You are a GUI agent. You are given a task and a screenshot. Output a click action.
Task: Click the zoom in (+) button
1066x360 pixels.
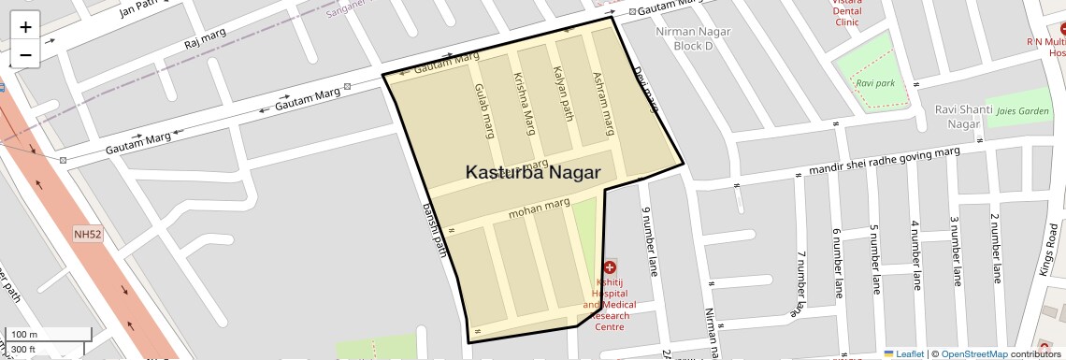(25, 27)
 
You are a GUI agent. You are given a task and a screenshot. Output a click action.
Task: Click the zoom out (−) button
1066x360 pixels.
(25, 55)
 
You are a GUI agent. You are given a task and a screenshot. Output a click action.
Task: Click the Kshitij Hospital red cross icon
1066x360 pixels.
(610, 267)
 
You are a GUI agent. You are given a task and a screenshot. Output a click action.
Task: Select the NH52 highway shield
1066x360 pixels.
(88, 235)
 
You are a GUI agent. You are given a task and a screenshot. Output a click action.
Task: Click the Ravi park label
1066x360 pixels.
(875, 83)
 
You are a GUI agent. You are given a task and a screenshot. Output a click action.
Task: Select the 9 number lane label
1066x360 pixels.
(644, 241)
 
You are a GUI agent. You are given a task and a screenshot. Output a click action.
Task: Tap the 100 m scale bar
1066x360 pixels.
(48, 334)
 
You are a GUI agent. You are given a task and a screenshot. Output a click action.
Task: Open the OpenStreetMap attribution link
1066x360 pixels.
(974, 353)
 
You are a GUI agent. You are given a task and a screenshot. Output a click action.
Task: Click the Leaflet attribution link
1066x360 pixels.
(904, 353)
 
